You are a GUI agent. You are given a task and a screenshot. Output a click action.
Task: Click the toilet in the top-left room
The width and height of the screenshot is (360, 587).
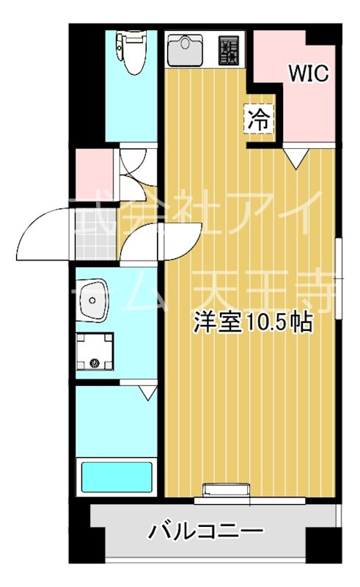[133, 51]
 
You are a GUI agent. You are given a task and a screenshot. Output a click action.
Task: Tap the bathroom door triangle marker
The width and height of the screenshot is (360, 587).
[147, 392]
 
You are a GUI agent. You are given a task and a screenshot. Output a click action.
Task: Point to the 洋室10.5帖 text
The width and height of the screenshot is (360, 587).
[254, 323]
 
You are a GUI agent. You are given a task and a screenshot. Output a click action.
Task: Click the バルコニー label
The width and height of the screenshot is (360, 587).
[207, 531]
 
